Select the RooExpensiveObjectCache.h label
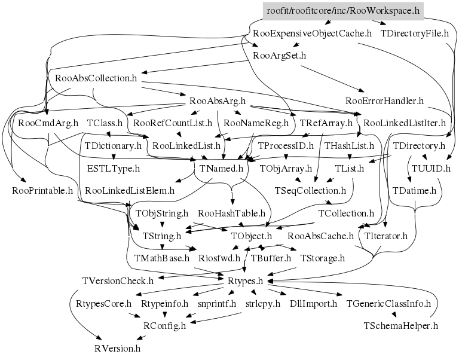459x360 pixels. (x=312, y=33)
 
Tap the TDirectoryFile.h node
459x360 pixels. (x=415, y=33)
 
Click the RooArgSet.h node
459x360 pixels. (x=280, y=56)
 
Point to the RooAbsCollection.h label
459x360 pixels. (x=96, y=78)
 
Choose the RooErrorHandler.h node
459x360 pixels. (x=384, y=100)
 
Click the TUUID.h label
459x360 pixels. (x=430, y=169)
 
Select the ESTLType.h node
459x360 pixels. (x=114, y=169)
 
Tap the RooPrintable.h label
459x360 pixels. (x=42, y=191)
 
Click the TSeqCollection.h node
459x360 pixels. (x=310, y=191)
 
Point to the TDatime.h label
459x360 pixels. (x=414, y=191)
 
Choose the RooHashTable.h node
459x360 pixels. (x=231, y=213)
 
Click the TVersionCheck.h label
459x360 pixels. (x=118, y=281)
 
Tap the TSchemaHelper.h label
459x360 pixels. (x=401, y=327)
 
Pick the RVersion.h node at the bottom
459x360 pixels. (x=118, y=349)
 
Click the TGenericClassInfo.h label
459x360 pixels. (x=388, y=304)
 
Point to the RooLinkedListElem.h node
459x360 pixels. (x=130, y=191)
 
